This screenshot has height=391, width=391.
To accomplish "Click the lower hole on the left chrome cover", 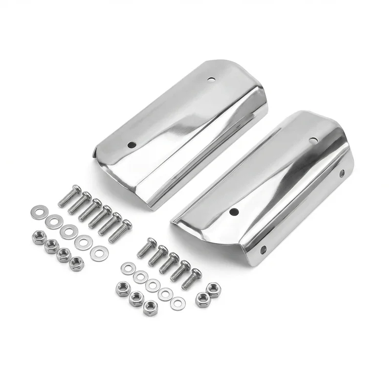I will point(131,145).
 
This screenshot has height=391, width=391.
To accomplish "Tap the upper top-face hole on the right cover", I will point(313,141).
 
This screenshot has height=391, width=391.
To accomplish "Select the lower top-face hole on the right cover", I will point(234,212).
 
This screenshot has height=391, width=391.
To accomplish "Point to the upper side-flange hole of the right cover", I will point(342,173).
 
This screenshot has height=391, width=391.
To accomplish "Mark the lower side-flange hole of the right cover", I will point(263,250).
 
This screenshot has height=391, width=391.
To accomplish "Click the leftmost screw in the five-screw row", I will point(146,249).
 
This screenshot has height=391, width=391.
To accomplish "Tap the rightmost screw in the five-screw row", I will point(191,279).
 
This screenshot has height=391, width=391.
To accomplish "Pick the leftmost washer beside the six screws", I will point(36,212).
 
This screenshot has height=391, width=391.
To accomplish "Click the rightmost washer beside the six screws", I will point(100,253).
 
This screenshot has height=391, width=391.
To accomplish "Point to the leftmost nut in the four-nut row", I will point(39,238).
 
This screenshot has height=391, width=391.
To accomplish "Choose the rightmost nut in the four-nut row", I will point(76,264).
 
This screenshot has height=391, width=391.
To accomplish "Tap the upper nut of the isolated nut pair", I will point(213,289).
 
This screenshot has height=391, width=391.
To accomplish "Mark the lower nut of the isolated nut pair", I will point(202,300).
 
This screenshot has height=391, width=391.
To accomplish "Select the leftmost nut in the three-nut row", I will point(122,289).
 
